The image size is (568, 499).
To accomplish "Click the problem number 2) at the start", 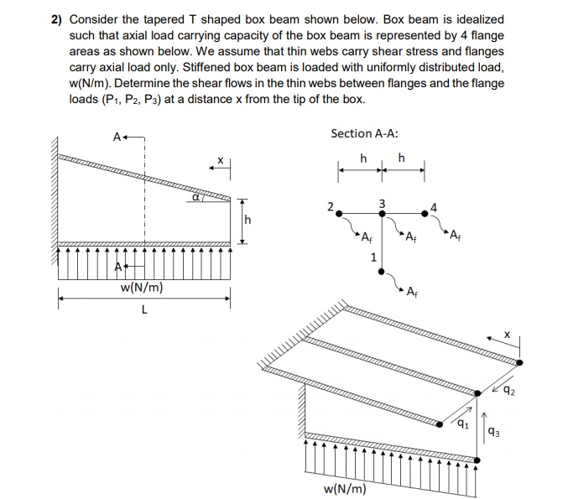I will pos(55,18).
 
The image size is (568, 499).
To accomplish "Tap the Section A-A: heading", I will pos(364,133).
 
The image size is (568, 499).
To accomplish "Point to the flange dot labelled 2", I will pos(339,214).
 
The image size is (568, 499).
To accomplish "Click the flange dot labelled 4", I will pos(425,214).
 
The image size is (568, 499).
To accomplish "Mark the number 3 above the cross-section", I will pos(382,203).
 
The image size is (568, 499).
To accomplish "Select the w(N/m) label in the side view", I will pos(142,288).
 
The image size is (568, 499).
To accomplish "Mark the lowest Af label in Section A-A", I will pos(411,292).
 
